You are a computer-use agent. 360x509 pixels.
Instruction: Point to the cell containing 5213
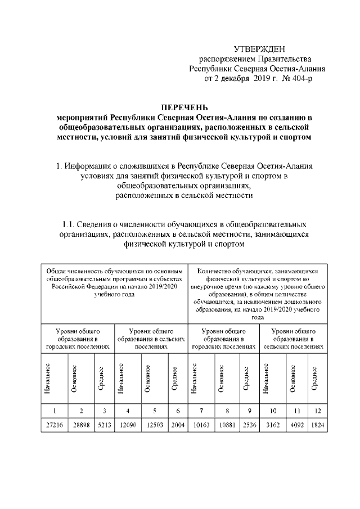click(103, 426)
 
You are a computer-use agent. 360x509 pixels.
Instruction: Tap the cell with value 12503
click(154, 426)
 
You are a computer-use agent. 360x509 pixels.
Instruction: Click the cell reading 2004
click(177, 426)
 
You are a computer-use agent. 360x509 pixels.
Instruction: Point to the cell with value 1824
click(317, 426)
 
